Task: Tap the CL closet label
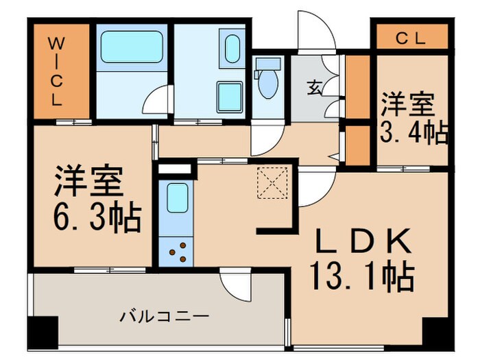pos(410,38)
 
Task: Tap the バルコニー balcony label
pos(164,317)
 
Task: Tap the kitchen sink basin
pos(177,198)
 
